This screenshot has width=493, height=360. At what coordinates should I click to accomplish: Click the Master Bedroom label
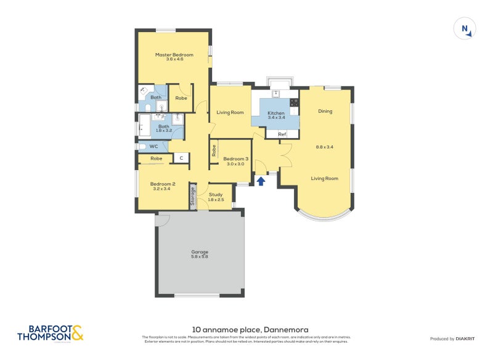pyautogui.click(x=174, y=55)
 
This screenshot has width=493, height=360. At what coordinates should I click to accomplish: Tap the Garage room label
pyautogui.click(x=200, y=252)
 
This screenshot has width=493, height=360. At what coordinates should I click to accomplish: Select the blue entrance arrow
pyautogui.click(x=261, y=181)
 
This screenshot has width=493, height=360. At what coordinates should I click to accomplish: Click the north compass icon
pyautogui.click(x=465, y=30)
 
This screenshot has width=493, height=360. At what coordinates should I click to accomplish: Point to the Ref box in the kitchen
pyautogui.click(x=282, y=134)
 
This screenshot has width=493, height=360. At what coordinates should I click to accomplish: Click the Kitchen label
pyautogui.click(x=276, y=113)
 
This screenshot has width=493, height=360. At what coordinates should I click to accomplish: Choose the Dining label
pyautogui.click(x=325, y=112)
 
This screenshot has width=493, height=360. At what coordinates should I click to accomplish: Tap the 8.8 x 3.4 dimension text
pyautogui.click(x=325, y=147)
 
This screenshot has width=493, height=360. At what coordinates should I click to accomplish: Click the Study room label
pyautogui.click(x=215, y=195)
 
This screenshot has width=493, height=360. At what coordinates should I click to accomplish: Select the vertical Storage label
pyautogui.click(x=193, y=197)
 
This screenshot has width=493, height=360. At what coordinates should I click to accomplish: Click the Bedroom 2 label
pyautogui.click(x=163, y=184)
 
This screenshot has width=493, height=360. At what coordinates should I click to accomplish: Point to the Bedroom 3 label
pyautogui.click(x=236, y=158)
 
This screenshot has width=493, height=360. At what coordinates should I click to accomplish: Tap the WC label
pyautogui.click(x=154, y=147)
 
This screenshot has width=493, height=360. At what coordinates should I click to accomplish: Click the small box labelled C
pyautogui.click(x=181, y=158)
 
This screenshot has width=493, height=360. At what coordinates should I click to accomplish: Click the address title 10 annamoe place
pyautogui.click(x=246, y=330)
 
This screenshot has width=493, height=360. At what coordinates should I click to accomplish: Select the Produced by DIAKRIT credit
pyautogui.click(x=451, y=338)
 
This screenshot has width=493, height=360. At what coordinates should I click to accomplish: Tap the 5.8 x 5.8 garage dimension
pyautogui.click(x=200, y=257)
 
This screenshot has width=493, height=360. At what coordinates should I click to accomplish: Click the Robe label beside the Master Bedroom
pyautogui.click(x=181, y=98)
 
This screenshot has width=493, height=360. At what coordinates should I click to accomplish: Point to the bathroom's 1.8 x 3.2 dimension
pyautogui.click(x=163, y=131)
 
